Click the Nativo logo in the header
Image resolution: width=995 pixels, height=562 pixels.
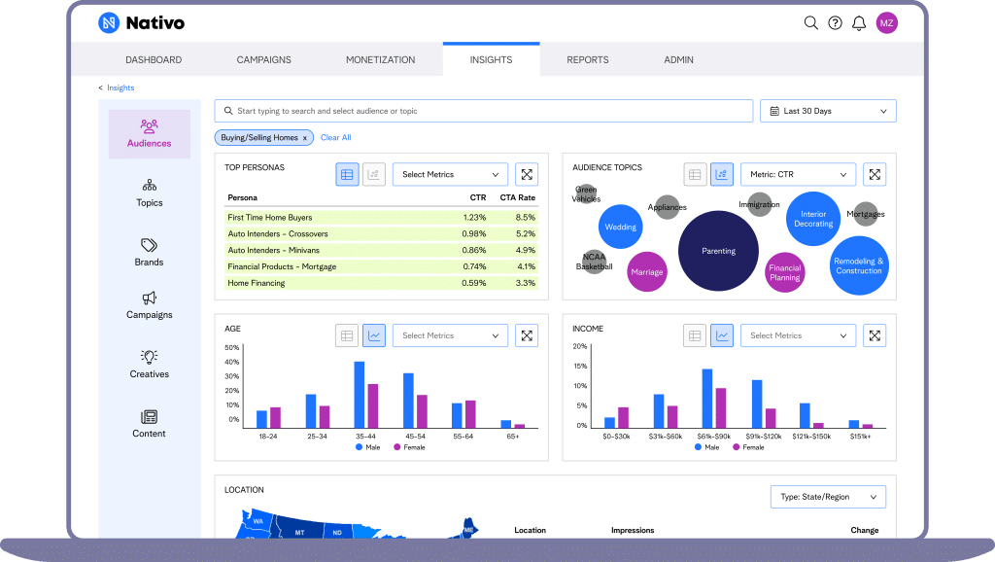[x=141, y=22]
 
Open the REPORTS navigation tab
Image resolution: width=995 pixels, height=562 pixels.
[x=588, y=59]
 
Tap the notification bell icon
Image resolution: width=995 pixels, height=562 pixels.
[x=859, y=23]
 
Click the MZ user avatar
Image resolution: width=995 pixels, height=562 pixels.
[x=886, y=23]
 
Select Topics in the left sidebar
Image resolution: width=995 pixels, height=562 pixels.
[x=149, y=193]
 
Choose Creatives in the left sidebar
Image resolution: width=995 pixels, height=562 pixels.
[x=149, y=364]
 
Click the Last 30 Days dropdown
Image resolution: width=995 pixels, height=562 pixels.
[x=828, y=111]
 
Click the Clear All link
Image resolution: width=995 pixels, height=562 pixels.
[x=335, y=138]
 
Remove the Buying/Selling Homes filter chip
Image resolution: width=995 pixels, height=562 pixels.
[x=304, y=138]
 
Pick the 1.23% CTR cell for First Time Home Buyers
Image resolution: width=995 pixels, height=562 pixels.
[x=474, y=217]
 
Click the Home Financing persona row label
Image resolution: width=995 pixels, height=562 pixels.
[x=257, y=283]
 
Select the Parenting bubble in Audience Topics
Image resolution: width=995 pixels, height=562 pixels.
[x=718, y=251]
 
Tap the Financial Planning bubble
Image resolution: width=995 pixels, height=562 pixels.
[x=784, y=273]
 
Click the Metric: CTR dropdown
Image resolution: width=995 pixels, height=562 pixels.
[x=798, y=175]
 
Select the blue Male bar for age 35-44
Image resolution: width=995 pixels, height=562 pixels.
[x=359, y=395]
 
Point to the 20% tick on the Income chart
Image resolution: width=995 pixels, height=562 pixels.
[x=579, y=346]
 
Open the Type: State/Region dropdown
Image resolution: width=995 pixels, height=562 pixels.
[x=828, y=497]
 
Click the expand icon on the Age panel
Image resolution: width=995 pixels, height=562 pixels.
[x=527, y=335]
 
